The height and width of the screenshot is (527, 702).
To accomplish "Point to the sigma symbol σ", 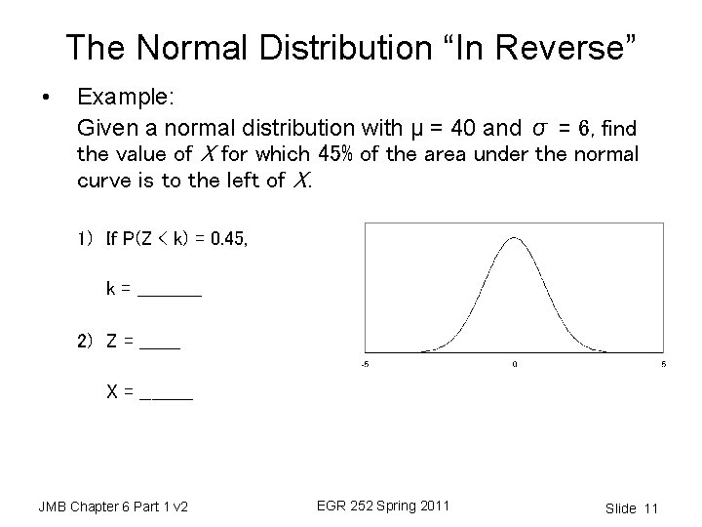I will click(x=541, y=128).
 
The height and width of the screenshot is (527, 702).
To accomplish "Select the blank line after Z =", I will click(x=160, y=343).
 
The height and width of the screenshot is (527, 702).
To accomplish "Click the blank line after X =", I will click(x=167, y=394).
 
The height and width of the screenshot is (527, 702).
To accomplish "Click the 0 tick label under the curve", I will click(x=514, y=365).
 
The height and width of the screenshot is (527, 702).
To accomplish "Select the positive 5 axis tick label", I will click(x=663, y=365).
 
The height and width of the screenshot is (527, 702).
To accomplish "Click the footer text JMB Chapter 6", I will click(x=112, y=507).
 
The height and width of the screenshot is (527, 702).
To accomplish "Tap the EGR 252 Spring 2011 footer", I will click(x=383, y=506).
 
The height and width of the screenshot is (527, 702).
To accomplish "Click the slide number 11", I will click(x=652, y=508).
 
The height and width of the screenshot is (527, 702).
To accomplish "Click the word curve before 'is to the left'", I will click(x=103, y=181).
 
